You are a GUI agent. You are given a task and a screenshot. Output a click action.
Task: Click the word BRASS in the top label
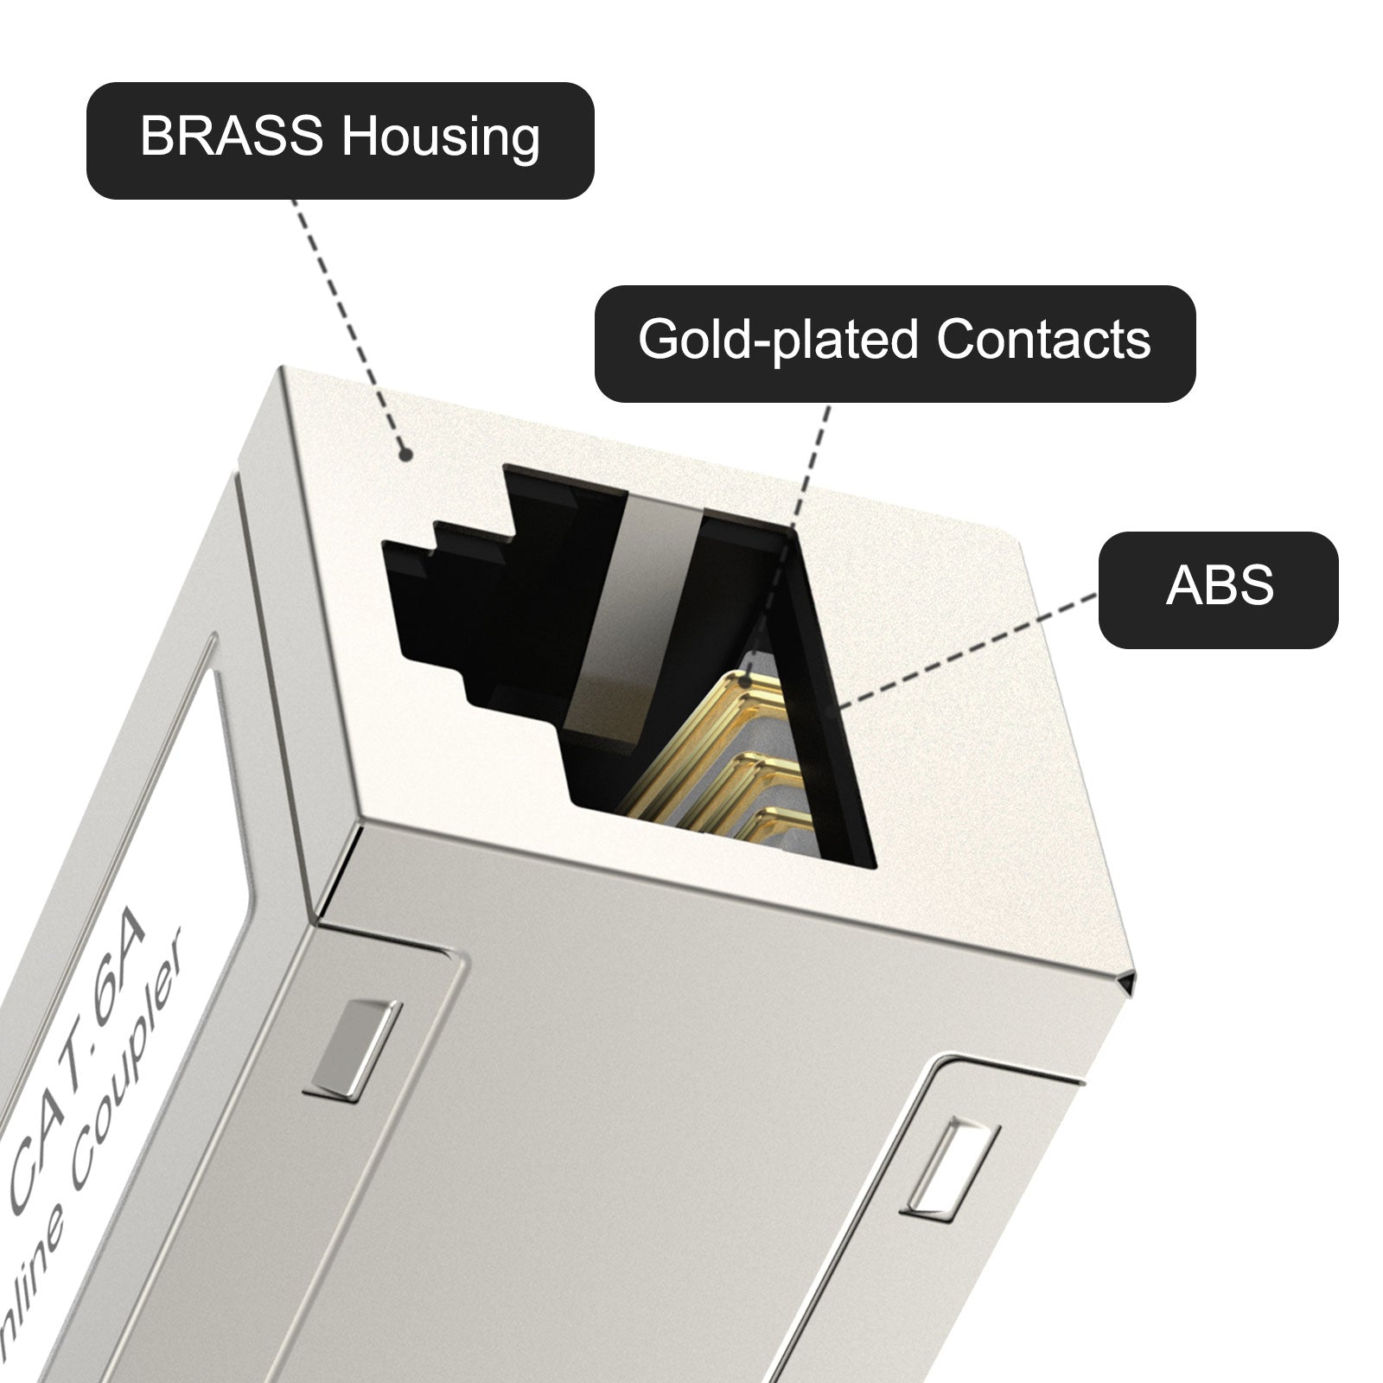pyautogui.click(x=232, y=137)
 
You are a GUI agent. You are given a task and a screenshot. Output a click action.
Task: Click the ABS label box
pyautogui.click(x=1218, y=590)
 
